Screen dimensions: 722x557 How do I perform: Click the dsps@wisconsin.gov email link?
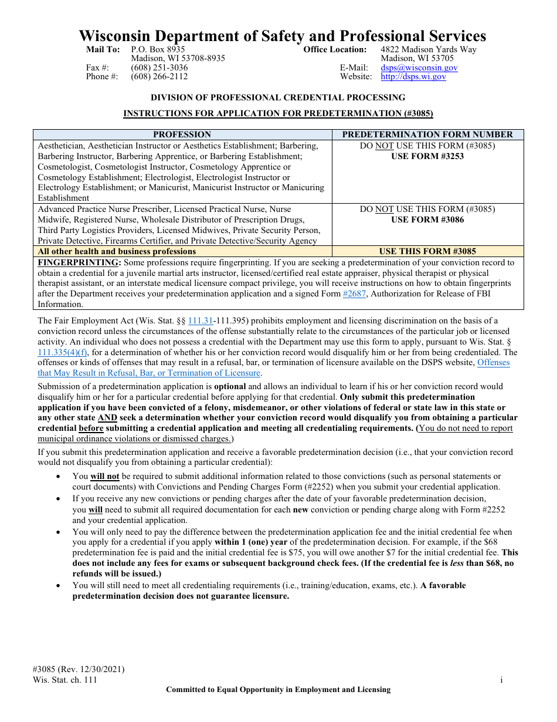click(x=419, y=68)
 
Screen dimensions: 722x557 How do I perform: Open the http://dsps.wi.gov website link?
click(x=413, y=76)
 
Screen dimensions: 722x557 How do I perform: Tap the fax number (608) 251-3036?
click(x=159, y=68)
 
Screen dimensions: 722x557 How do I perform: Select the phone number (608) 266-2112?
click(x=159, y=76)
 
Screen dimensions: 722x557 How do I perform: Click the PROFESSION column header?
click(x=182, y=134)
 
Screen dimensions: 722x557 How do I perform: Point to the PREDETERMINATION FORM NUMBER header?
click(x=427, y=134)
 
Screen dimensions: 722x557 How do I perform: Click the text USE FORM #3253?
click(x=427, y=156)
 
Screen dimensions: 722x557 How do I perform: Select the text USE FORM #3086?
click(x=427, y=220)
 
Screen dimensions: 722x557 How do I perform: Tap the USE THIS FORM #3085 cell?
click(x=427, y=251)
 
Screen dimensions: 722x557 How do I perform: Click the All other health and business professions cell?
click(x=117, y=251)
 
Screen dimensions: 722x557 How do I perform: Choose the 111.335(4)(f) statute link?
click(x=62, y=352)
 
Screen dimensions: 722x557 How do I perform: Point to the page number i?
click(x=501, y=680)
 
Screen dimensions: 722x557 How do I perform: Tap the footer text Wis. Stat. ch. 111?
click(x=64, y=680)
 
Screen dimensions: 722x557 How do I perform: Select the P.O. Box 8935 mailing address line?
click(x=158, y=49)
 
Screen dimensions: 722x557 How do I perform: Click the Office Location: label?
click(x=335, y=49)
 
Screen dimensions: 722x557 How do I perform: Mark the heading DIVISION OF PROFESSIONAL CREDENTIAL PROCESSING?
click(x=278, y=97)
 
